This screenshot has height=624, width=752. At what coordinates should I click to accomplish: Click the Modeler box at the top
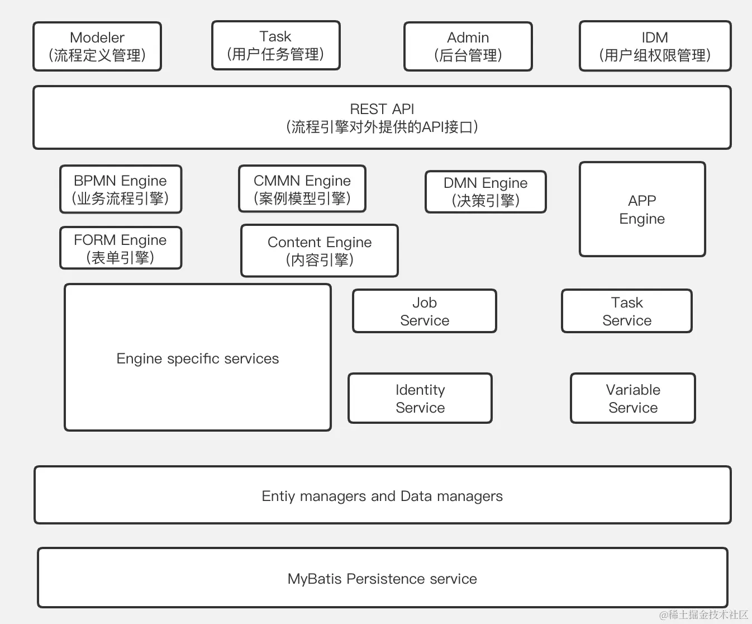(x=97, y=46)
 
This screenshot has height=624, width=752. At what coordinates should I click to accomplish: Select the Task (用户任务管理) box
(x=275, y=45)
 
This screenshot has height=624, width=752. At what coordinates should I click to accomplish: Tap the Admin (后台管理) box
(x=468, y=46)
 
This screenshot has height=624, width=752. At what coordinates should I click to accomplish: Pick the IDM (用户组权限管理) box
(x=655, y=46)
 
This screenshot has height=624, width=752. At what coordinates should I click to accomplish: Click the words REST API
(x=382, y=109)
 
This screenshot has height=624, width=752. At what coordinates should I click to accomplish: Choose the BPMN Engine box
(x=121, y=189)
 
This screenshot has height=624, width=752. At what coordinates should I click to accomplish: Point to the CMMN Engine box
(x=302, y=189)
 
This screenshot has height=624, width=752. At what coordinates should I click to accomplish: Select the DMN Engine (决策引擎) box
(x=486, y=192)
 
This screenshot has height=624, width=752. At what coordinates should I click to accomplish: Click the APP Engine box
(x=642, y=209)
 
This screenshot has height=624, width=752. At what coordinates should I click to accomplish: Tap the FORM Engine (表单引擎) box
(x=121, y=248)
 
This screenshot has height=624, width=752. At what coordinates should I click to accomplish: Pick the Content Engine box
(x=319, y=250)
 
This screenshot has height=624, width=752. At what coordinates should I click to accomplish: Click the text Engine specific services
(x=197, y=359)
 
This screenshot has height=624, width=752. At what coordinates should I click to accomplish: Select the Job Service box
(x=425, y=311)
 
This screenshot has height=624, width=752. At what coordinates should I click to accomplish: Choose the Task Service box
(x=626, y=311)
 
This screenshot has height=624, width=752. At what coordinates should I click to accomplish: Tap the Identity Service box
(x=420, y=399)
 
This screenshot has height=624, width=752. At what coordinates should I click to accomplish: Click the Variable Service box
(x=632, y=399)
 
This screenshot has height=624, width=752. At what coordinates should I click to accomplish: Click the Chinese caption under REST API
(x=382, y=127)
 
